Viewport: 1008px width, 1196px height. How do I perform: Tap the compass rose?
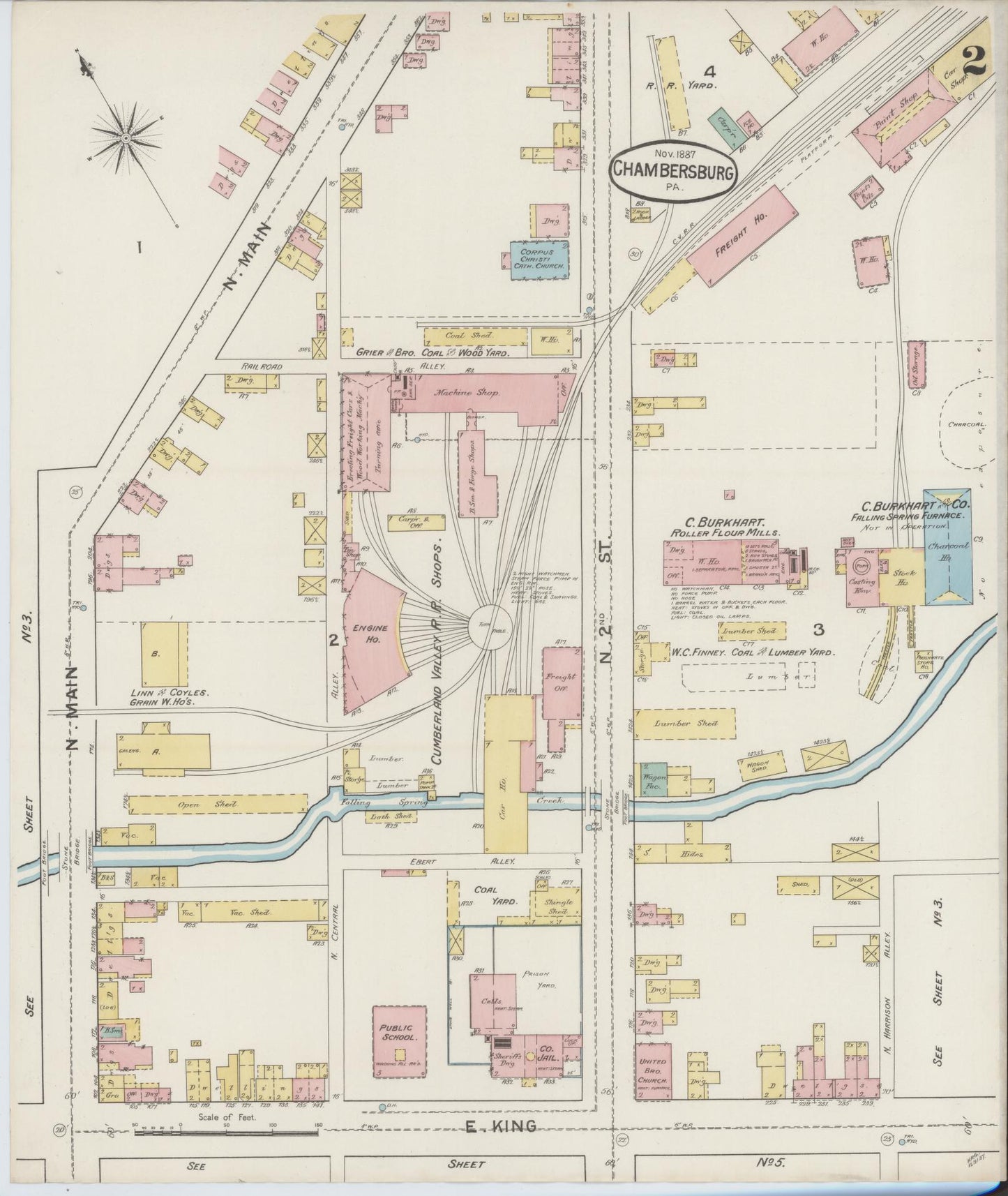[x=126, y=139]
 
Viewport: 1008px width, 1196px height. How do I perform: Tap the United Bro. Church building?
[x=653, y=1075]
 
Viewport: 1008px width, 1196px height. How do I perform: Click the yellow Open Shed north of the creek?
[x=218, y=804]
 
